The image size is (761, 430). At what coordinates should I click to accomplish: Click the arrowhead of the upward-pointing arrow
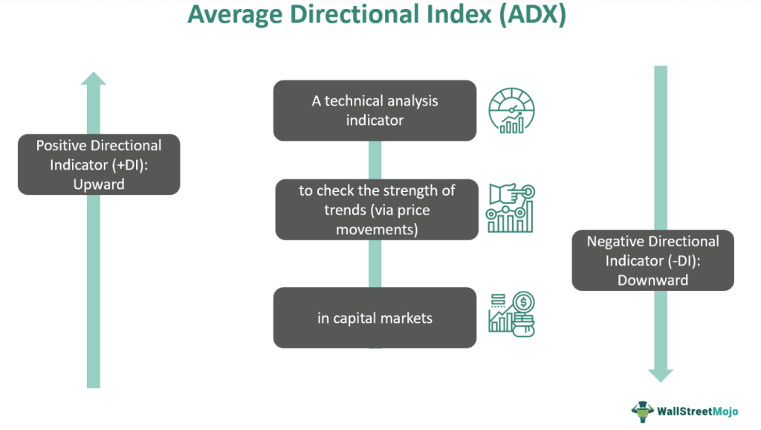[x=93, y=78]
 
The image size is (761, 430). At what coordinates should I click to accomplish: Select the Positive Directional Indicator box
[x=99, y=164]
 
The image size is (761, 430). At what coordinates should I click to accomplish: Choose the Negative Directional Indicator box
[x=652, y=260]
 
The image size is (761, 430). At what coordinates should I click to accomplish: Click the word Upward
[x=99, y=183]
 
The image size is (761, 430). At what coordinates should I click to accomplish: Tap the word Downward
[x=652, y=280]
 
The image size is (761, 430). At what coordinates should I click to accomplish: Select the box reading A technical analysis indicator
[x=375, y=110]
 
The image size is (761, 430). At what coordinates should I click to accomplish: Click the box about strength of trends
[x=376, y=209]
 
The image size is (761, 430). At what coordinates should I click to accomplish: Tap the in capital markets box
[x=375, y=318]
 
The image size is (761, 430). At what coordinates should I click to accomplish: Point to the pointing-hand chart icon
[x=511, y=209]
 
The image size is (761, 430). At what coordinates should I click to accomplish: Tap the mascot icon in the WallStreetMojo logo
[x=643, y=411]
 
